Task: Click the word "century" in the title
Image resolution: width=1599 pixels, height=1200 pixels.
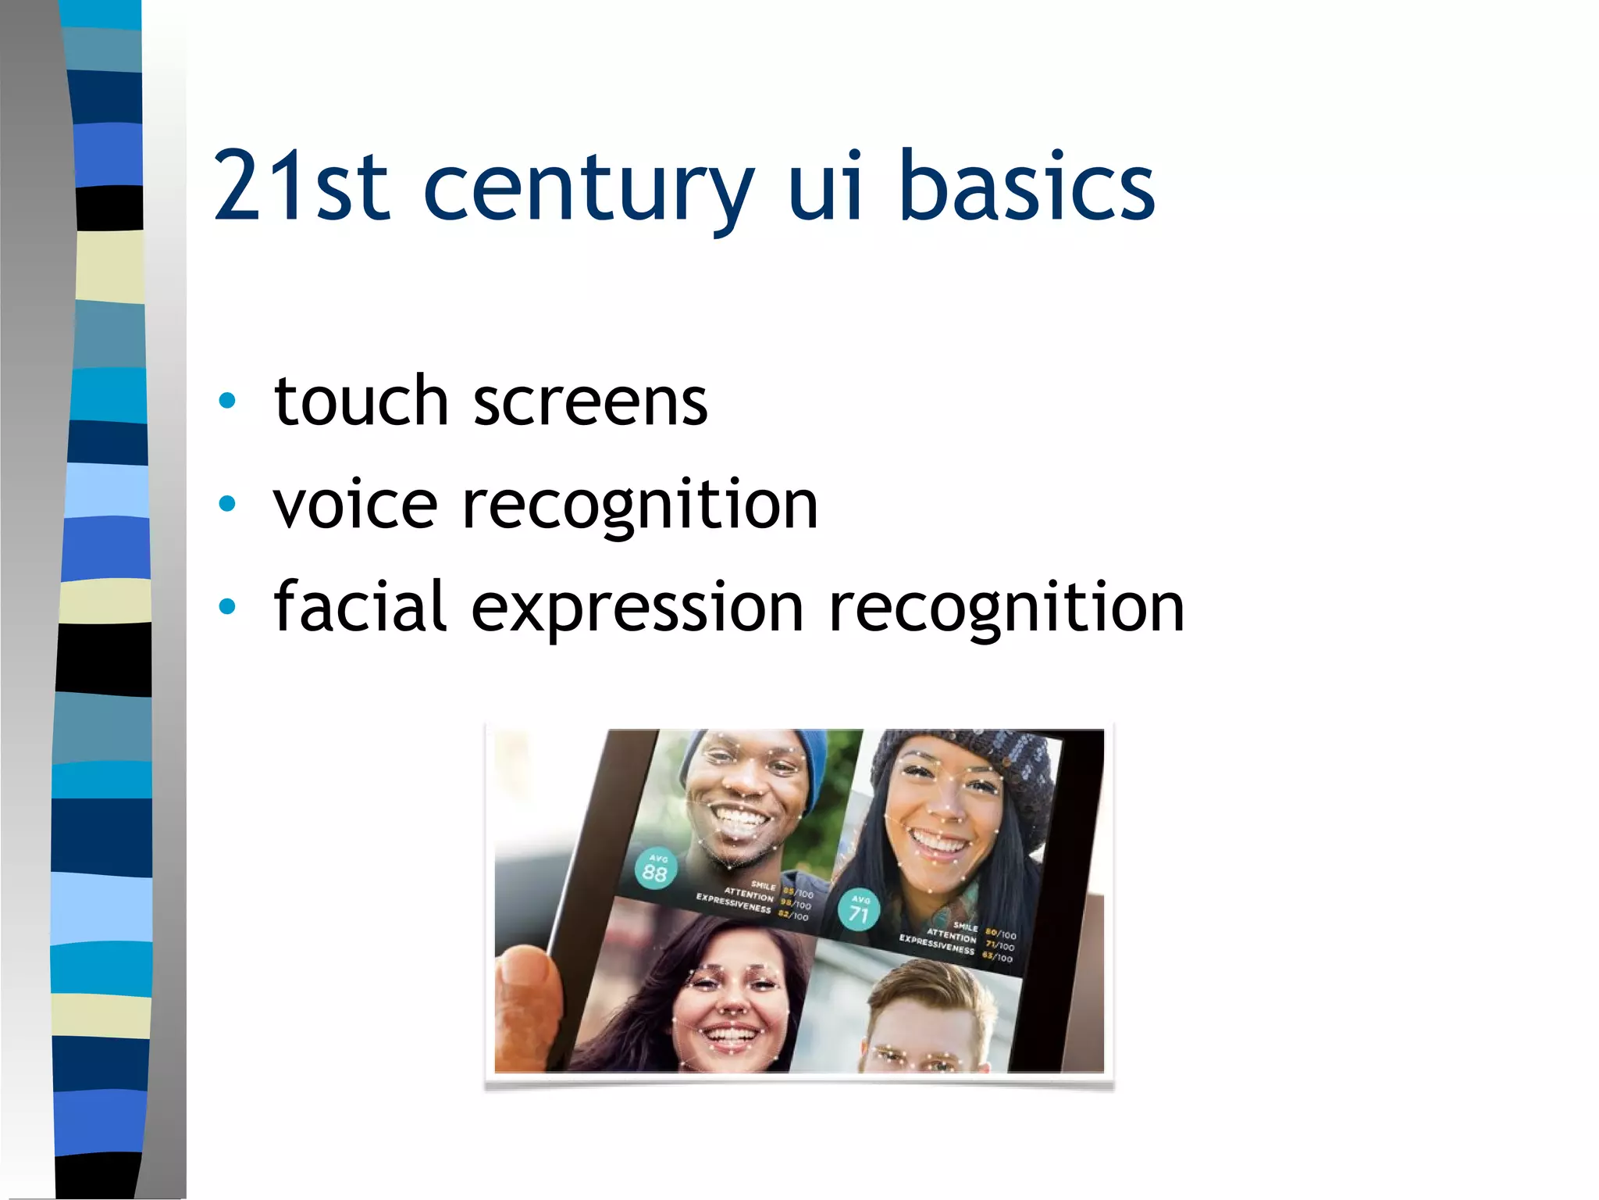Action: pyautogui.click(x=588, y=187)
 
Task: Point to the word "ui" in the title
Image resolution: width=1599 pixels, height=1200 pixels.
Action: pyautogui.click(x=826, y=187)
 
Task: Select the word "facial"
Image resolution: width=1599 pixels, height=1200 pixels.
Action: pyautogui.click(x=360, y=606)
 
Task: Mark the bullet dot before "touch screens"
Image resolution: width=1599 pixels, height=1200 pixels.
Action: pyautogui.click(x=227, y=402)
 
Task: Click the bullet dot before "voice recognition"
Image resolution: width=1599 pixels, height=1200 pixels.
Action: pyautogui.click(x=227, y=504)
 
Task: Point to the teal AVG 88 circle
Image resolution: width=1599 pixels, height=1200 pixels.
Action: pyautogui.click(x=655, y=869)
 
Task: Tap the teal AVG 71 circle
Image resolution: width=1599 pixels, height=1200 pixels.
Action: pyautogui.click(x=859, y=909)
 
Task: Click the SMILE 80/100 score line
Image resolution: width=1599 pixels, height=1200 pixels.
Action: pyautogui.click(x=985, y=930)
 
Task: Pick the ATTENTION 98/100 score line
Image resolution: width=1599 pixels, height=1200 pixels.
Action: pyautogui.click(x=768, y=899)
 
